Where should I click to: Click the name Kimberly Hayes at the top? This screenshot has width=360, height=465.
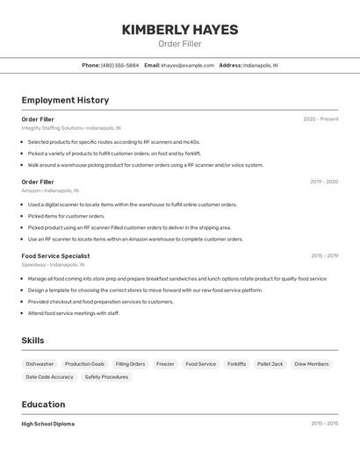[179, 30]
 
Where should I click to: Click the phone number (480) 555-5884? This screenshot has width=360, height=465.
[119, 65]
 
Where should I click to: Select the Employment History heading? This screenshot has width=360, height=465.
[65, 100]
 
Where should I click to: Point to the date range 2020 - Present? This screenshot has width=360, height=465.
[320, 119]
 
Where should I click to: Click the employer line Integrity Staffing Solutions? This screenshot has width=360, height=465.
[71, 128]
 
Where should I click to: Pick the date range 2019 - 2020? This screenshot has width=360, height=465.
[324, 182]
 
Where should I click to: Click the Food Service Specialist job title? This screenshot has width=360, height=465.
[55, 255]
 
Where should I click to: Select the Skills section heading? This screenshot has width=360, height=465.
[33, 340]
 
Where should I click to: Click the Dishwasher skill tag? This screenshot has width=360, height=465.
[40, 364]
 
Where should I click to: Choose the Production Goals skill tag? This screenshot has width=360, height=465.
[84, 364]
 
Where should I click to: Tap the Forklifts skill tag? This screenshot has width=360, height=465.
[236, 364]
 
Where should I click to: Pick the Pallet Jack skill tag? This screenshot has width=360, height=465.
[270, 364]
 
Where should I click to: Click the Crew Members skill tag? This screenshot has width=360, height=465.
[312, 364]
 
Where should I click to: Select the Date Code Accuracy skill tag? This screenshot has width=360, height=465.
[50, 377]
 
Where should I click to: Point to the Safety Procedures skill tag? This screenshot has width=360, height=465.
[106, 377]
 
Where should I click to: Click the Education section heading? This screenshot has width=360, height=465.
[44, 404]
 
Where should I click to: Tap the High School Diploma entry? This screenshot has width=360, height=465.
[48, 424]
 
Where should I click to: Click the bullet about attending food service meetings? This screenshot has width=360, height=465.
[73, 313]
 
